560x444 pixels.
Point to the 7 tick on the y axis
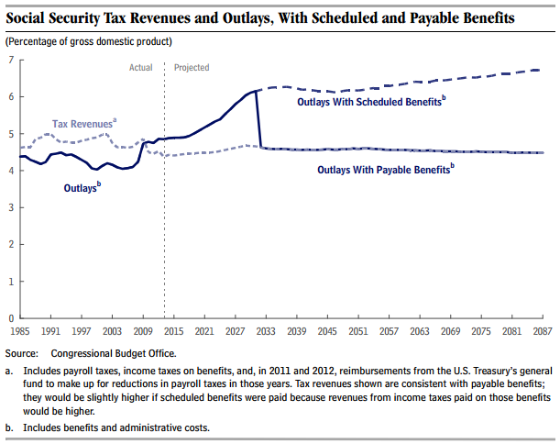point(10,60)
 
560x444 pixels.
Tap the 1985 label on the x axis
point(20,329)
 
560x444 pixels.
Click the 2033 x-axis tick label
point(267,329)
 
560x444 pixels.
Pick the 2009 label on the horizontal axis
point(144,329)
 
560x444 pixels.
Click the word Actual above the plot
point(140,68)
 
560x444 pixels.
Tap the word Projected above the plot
point(191,68)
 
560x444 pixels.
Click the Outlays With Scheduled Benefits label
point(371,102)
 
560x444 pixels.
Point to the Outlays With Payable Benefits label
point(386,170)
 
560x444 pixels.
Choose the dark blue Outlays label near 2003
point(82,188)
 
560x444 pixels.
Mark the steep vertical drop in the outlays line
point(258,119)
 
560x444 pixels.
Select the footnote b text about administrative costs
point(113,428)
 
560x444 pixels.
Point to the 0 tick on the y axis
point(10,317)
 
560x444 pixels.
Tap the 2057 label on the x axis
point(390,329)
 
